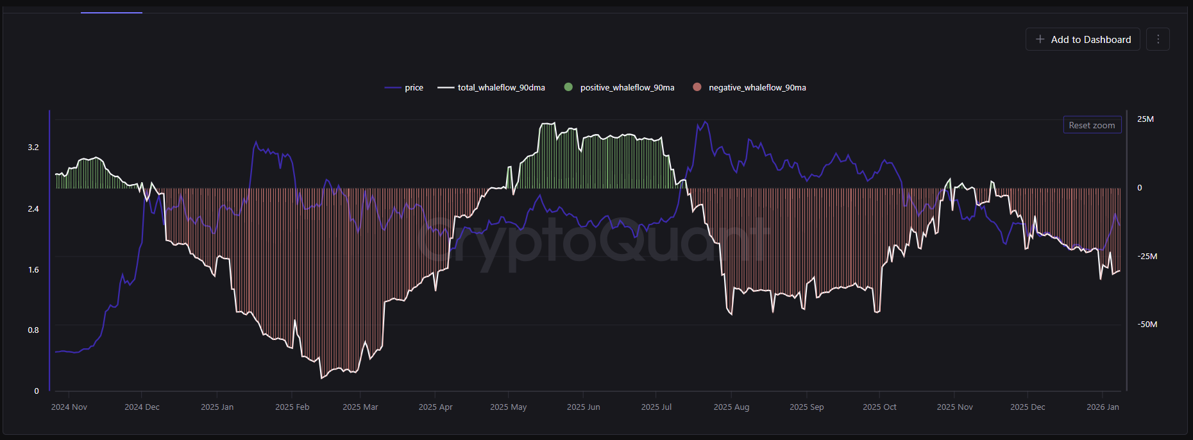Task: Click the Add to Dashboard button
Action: pos(1083,40)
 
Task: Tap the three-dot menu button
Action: pos(1158,40)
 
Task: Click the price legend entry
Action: pos(404,88)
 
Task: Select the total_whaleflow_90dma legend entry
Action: pos(491,88)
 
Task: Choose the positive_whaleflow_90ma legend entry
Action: pos(620,88)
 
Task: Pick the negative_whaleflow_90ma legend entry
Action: pos(750,88)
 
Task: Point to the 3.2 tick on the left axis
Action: pos(33,148)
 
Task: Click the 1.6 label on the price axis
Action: pos(33,270)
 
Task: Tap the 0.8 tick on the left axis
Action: pos(33,330)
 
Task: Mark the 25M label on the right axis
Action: pos(1145,119)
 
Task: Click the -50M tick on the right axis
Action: pos(1147,325)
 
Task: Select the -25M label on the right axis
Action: pos(1147,257)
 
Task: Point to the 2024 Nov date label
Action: pos(69,407)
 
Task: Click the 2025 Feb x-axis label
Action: pos(292,407)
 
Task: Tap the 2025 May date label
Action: pos(508,407)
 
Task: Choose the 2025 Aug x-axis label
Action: pos(731,407)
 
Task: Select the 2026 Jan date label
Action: pos(1103,407)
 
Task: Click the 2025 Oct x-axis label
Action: pos(879,407)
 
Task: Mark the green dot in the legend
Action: pos(568,87)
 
